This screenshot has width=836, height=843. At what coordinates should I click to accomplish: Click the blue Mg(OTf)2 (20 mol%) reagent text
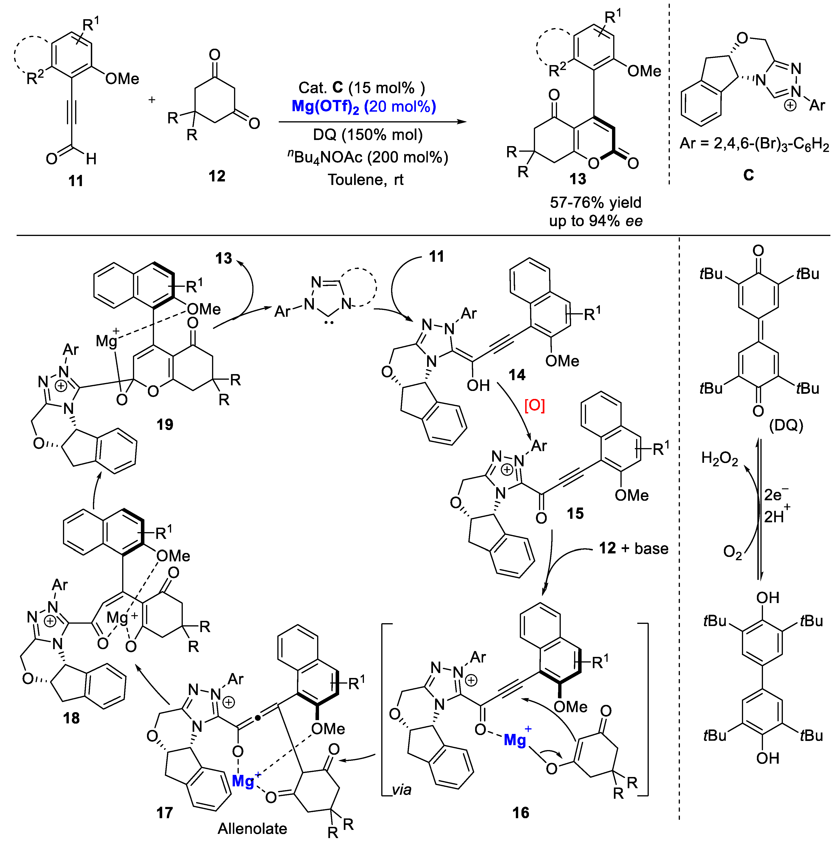pyautogui.click(x=364, y=107)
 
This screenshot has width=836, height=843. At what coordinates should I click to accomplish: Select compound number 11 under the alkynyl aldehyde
pyautogui.click(x=76, y=181)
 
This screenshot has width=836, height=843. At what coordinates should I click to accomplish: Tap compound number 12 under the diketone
pyautogui.click(x=217, y=176)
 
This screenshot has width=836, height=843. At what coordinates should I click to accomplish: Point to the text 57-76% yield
pyautogui.click(x=596, y=202)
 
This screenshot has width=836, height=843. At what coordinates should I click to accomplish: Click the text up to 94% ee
pyautogui.click(x=596, y=221)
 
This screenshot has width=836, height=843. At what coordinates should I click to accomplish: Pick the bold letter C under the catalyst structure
pyautogui.click(x=748, y=175)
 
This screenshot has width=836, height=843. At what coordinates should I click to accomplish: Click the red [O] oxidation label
pyautogui.click(x=535, y=406)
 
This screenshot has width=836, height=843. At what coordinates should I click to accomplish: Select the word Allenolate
pyautogui.click(x=252, y=828)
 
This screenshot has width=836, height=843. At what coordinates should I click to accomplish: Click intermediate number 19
pyautogui.click(x=165, y=425)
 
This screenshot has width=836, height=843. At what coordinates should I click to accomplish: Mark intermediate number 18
pyautogui.click(x=71, y=718)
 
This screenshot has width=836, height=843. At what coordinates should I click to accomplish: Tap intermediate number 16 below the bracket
pyautogui.click(x=521, y=813)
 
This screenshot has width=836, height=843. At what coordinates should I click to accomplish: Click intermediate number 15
pyautogui.click(x=575, y=514)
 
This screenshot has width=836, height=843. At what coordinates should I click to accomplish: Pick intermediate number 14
pyautogui.click(x=517, y=375)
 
